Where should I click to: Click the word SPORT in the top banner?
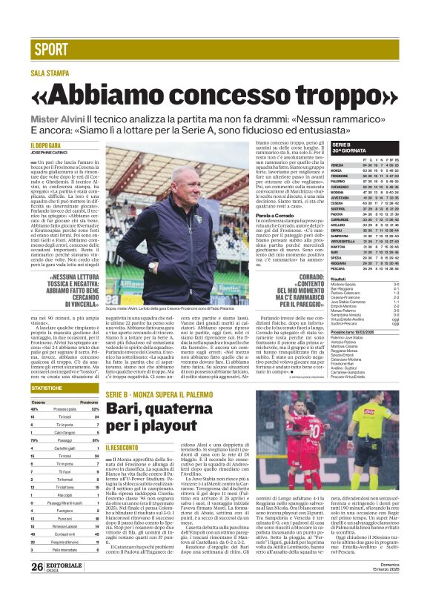(50, 50)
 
